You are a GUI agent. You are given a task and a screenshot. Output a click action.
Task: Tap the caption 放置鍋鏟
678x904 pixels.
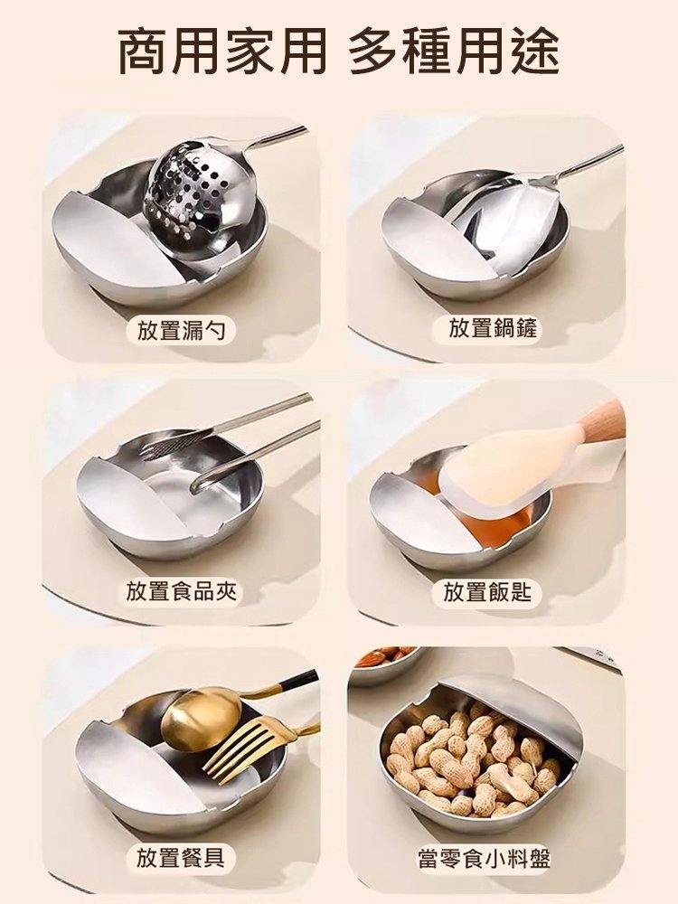(493, 329)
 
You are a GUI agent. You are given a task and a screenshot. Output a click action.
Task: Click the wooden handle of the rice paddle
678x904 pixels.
(604, 420)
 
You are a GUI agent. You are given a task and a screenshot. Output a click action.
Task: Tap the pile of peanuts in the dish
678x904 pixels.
(470, 759)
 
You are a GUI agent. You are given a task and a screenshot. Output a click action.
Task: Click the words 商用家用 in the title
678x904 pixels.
(221, 52)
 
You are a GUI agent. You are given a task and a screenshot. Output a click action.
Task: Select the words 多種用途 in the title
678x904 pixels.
(454, 52)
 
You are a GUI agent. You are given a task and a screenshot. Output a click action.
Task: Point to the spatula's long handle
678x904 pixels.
(588, 163)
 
